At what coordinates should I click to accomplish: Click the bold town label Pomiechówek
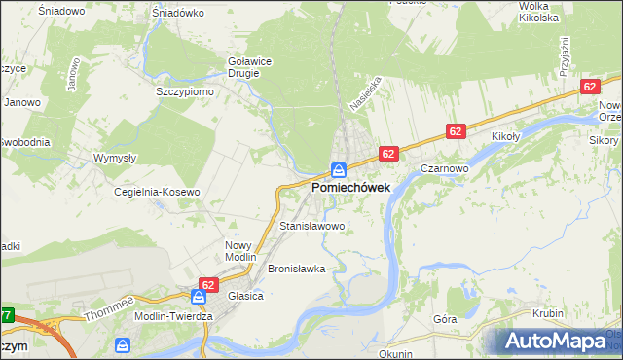point(351,186)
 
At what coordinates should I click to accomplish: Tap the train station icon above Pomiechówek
point(338,168)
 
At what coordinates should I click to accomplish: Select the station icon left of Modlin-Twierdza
point(123,345)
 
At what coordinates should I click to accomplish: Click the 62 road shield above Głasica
point(206,285)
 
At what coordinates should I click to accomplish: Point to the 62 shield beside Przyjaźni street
point(590,87)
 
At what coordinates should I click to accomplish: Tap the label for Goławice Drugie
point(249,66)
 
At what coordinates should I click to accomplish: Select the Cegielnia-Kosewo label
point(157,192)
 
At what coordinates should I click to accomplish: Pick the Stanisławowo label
point(312,226)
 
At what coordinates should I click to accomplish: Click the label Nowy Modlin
point(238,251)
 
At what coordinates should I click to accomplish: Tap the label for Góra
point(445,319)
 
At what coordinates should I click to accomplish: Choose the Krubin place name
point(548,313)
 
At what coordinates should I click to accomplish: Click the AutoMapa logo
point(555,342)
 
